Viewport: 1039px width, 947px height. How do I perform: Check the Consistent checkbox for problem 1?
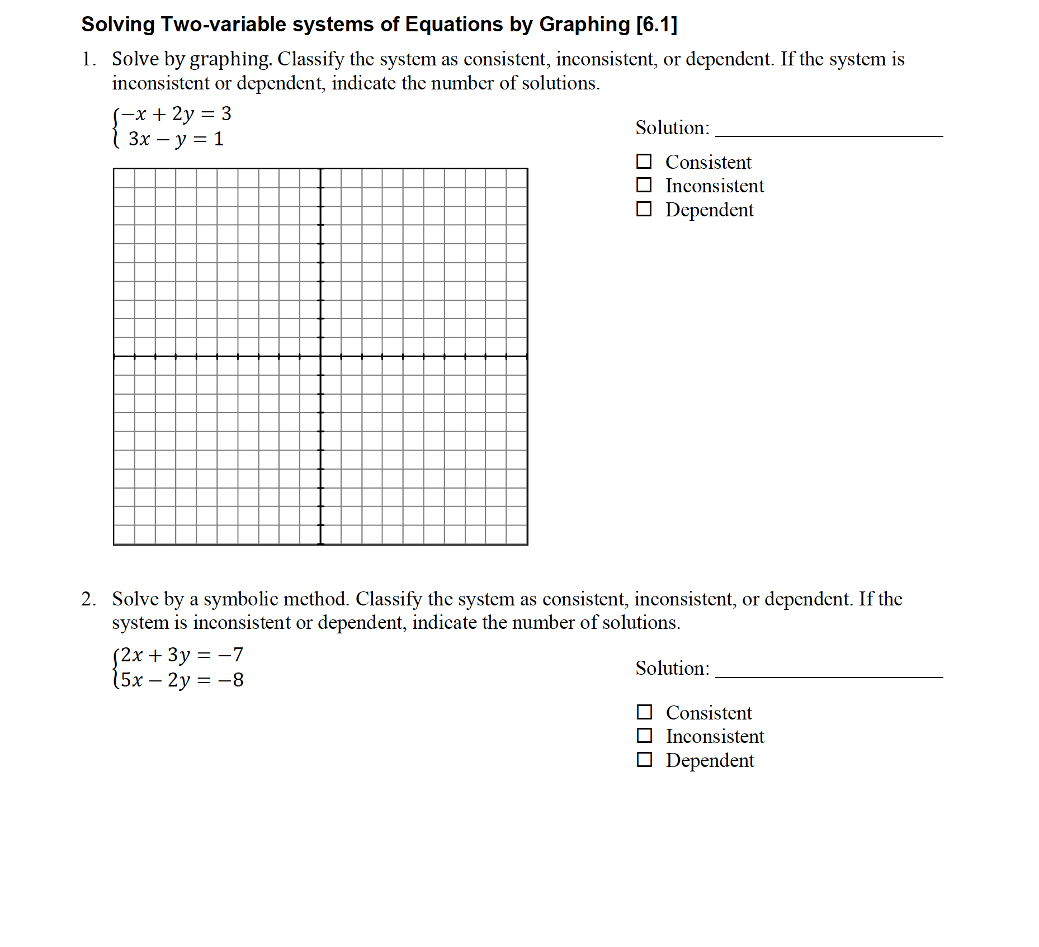tap(644, 162)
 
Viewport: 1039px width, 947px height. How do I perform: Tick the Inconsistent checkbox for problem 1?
tap(644, 185)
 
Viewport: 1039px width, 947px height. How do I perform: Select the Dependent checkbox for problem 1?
tap(644, 209)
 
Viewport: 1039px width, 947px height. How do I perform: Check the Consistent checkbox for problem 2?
tap(645, 712)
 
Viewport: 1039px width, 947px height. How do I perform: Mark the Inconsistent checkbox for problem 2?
tap(645, 736)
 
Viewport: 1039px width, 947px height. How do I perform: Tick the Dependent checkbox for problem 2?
tap(645, 760)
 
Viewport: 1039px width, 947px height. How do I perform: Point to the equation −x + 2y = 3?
tap(176, 114)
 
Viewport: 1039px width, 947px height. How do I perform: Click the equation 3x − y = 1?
tap(176, 139)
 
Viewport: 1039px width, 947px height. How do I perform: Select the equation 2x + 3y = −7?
tap(182, 655)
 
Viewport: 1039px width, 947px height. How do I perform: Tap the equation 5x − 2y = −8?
tap(182, 680)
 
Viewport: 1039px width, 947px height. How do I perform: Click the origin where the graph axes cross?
tap(320, 356)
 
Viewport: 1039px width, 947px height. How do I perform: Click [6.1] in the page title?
tap(657, 25)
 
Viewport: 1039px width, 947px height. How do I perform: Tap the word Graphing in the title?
tap(584, 25)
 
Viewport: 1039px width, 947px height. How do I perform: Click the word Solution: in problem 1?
tap(672, 127)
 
